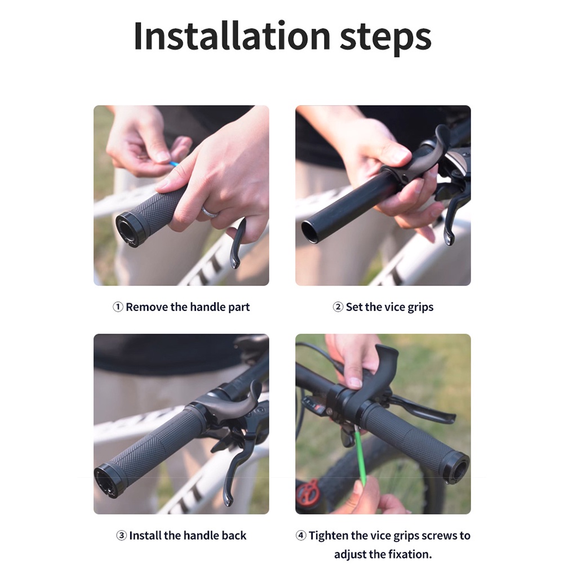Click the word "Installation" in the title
click(232, 35)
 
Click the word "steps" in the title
click(385, 35)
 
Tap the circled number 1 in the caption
click(118, 307)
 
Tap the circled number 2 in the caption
click(338, 307)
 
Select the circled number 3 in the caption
click(121, 535)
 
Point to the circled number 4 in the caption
click(301, 535)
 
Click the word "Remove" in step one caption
click(147, 307)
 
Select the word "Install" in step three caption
click(148, 535)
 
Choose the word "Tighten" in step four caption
click(328, 535)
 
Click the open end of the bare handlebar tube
click(309, 232)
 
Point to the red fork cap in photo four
click(308, 494)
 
